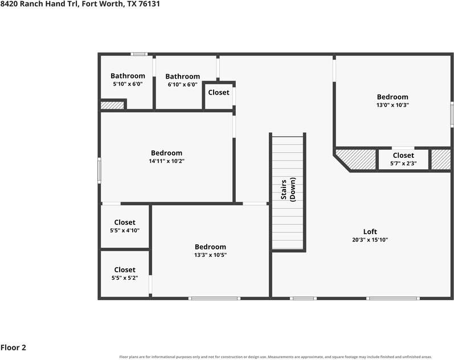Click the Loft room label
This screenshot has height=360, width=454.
[x=370, y=232]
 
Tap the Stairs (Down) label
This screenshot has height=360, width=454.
[x=288, y=190]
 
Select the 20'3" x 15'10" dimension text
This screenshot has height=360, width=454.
[x=370, y=240]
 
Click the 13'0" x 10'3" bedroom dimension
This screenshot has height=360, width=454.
[x=392, y=105]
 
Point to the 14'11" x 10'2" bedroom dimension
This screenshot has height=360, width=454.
[x=166, y=161]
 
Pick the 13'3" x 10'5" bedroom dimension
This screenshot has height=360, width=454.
[x=210, y=255]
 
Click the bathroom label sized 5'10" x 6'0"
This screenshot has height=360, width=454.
[x=128, y=76]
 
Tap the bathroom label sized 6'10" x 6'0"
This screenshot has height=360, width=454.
[x=182, y=76]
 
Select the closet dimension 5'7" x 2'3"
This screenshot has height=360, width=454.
[x=403, y=163]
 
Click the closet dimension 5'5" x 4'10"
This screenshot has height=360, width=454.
[x=125, y=231]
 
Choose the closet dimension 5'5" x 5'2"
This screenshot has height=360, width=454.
[x=125, y=278]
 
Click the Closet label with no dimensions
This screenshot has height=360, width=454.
[x=219, y=92]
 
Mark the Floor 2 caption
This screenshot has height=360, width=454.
[x=13, y=347]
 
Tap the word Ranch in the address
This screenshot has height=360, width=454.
[x=31, y=4]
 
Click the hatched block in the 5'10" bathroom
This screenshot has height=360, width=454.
[x=112, y=105]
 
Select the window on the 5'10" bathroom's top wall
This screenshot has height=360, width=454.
[x=138, y=54]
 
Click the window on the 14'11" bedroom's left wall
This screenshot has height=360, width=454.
[x=99, y=170]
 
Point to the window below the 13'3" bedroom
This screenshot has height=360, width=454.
[x=214, y=298]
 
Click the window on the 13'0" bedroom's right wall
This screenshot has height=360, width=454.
[x=452, y=114]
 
